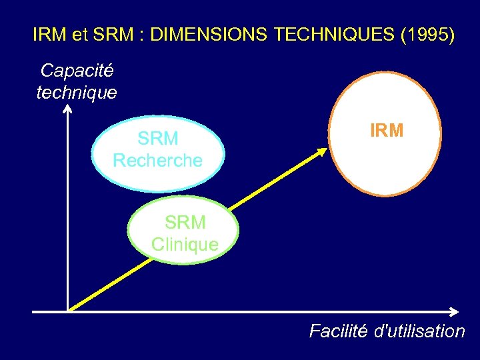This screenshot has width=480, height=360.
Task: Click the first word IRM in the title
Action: coord(49,35)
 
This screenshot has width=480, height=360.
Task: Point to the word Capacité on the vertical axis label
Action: coord(77,71)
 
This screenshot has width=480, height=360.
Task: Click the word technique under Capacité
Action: coord(77,92)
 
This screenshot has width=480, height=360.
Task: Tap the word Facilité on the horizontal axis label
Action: coord(338,331)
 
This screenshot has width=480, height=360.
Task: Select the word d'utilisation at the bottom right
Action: coord(420,331)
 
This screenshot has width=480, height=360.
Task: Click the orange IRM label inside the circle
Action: coord(387,131)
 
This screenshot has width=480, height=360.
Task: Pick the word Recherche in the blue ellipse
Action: coord(157,161)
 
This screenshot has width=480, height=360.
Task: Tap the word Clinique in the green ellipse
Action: coord(185,245)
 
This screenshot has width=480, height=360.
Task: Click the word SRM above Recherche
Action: coord(158,139)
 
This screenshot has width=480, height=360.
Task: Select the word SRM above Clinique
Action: coord(185,222)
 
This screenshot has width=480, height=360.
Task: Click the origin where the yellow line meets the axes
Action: coord(69,310)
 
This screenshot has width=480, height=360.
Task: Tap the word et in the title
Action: coord(79,35)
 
